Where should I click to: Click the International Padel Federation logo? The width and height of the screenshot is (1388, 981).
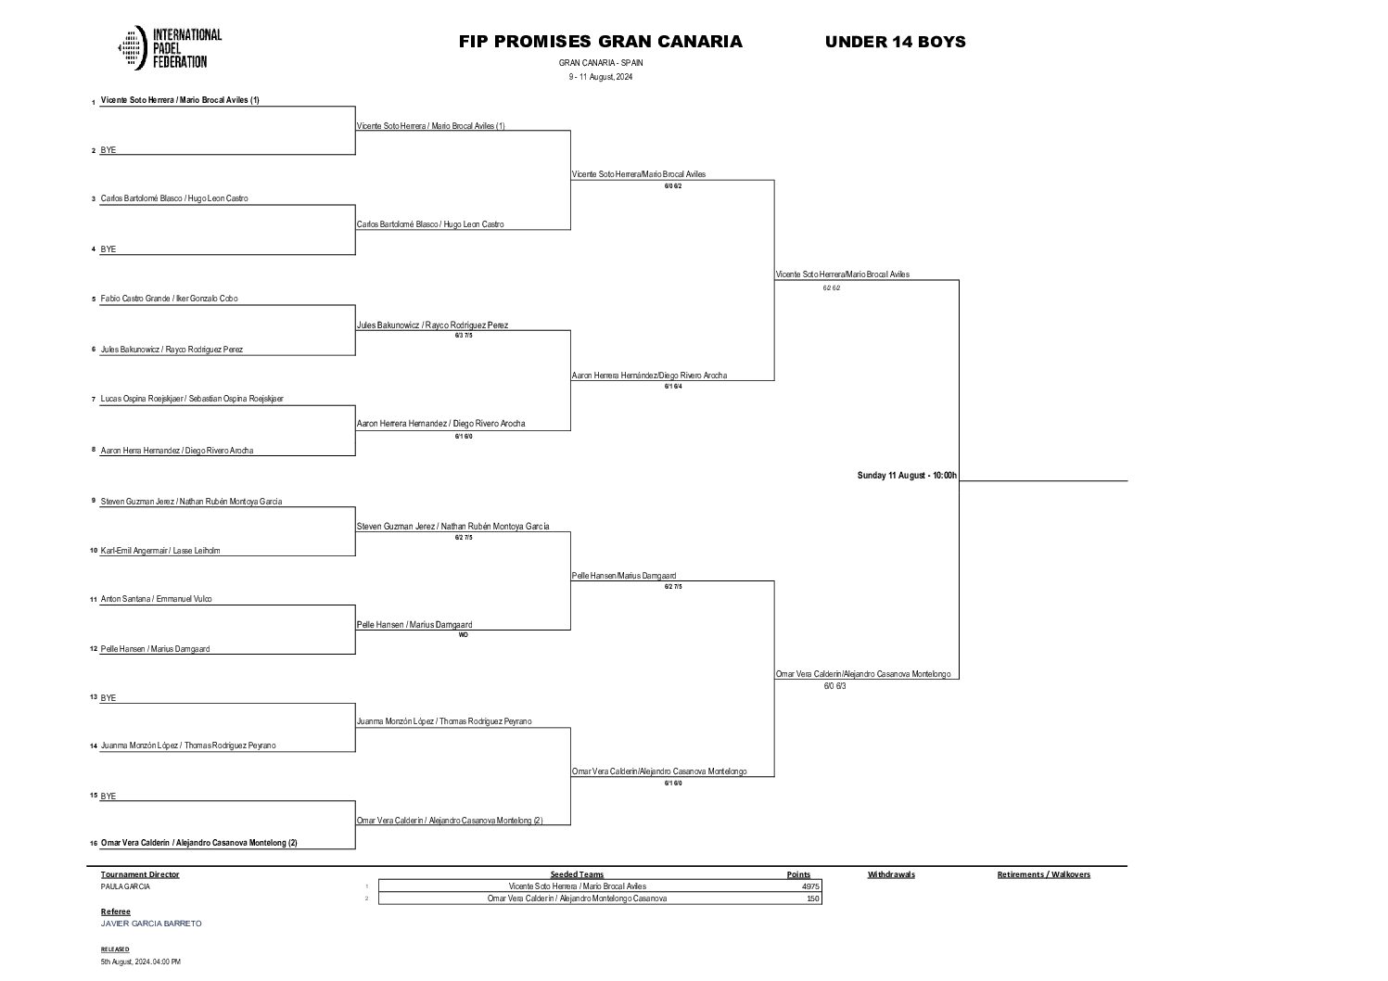[x=170, y=48]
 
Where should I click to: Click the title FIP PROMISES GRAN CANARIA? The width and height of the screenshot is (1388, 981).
[x=600, y=42]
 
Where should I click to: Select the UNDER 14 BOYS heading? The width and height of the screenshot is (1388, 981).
[x=895, y=42]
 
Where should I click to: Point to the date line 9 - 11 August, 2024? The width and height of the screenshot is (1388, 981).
[x=600, y=77]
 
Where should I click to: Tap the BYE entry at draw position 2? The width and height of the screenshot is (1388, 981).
[x=108, y=150]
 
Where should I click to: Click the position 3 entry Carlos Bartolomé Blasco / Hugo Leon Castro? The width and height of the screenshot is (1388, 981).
[x=174, y=198]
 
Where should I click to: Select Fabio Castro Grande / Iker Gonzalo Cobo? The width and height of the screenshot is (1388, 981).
[x=169, y=299]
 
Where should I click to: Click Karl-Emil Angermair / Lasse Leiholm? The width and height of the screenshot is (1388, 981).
[x=160, y=551]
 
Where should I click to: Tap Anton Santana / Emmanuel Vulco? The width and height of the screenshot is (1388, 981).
[x=156, y=599]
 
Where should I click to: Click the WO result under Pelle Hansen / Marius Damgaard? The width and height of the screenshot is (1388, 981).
[x=463, y=635]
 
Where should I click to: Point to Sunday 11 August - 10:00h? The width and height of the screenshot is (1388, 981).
[x=906, y=476]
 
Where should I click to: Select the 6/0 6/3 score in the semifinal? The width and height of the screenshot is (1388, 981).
[x=834, y=687]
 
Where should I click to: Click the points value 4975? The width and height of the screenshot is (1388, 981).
[x=810, y=886]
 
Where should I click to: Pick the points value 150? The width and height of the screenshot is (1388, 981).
[x=813, y=898]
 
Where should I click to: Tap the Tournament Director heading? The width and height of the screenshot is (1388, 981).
[x=140, y=874]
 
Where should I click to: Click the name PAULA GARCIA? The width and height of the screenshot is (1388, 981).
[x=125, y=886]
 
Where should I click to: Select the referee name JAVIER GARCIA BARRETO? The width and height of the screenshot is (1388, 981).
[x=151, y=924]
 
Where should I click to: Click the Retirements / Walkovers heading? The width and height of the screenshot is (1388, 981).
[x=1043, y=874]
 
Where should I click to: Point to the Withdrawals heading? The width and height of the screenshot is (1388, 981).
[x=891, y=874]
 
